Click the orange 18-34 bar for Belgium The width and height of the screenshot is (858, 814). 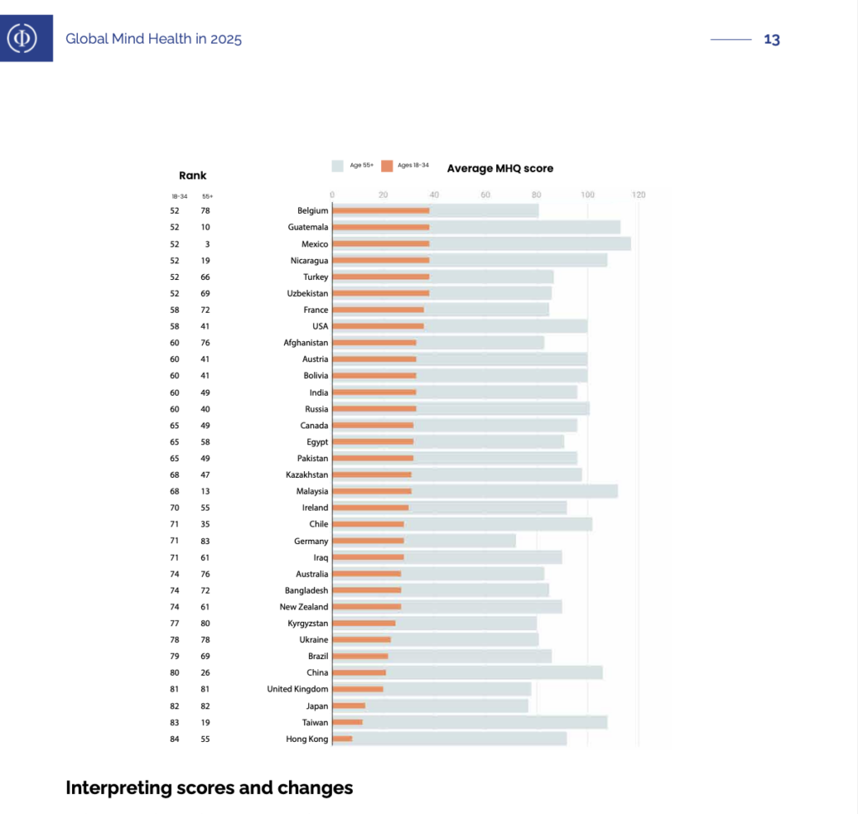click(381, 210)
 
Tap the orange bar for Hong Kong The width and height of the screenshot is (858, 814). click(342, 739)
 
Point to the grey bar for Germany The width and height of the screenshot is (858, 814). click(461, 541)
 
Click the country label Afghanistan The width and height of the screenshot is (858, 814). click(306, 343)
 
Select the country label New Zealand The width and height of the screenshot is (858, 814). click(304, 607)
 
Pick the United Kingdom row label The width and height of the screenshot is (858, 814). click(297, 689)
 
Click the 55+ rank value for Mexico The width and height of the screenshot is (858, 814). click(206, 244)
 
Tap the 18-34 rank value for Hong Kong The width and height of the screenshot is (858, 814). click(174, 739)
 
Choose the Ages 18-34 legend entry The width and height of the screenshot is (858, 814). click(406, 166)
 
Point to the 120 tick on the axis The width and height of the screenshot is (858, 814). click(638, 194)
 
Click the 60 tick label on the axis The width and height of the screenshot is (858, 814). click(485, 194)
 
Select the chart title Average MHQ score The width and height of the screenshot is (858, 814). click(500, 169)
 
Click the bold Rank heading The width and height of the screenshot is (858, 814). click(193, 175)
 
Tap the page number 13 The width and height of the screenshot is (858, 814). click(772, 39)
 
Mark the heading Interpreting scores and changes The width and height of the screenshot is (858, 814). click(209, 788)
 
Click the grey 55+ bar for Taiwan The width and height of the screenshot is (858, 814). click(503, 722)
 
